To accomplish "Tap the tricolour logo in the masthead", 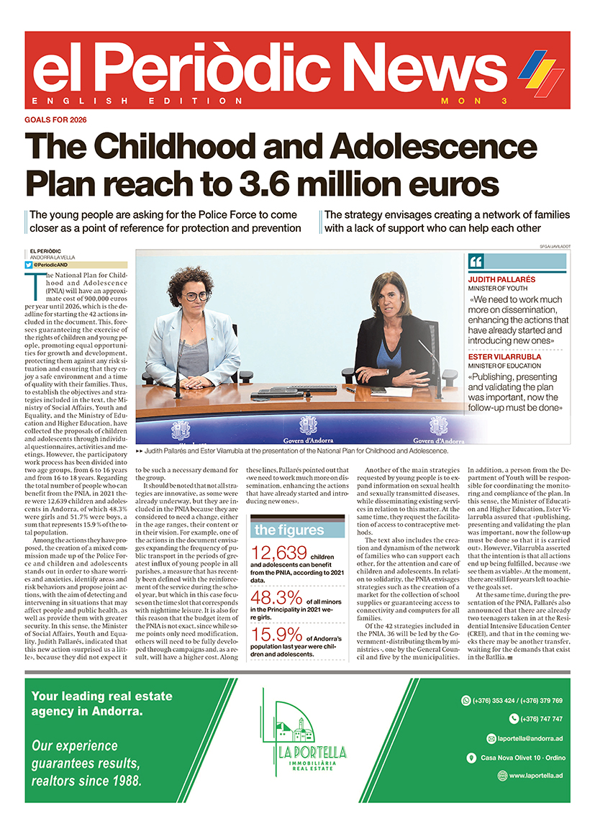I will click(x=541, y=70).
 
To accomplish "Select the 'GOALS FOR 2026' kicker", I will click(x=56, y=119).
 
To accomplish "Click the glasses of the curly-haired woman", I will click(x=194, y=296).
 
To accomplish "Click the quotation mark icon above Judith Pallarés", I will click(x=476, y=262).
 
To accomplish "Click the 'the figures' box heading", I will click(x=290, y=530).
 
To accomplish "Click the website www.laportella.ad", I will click(x=535, y=776).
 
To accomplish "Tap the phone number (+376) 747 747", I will click(x=536, y=719).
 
